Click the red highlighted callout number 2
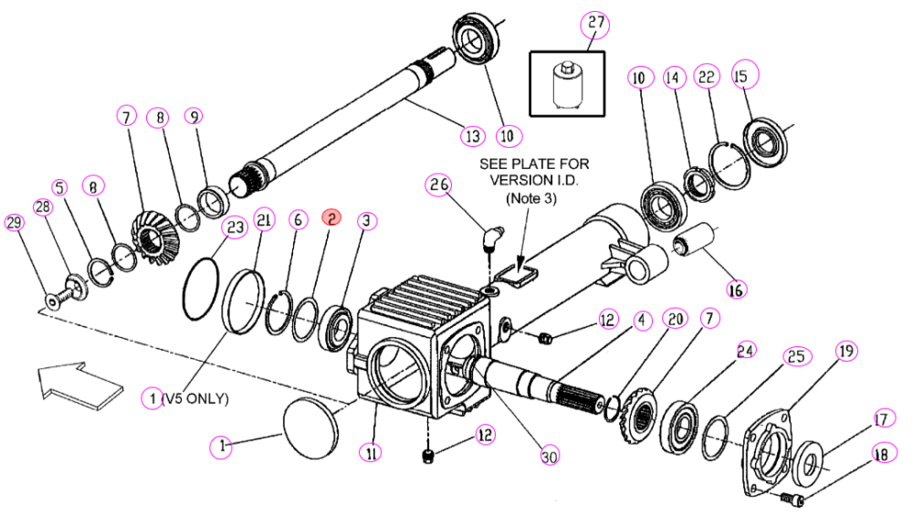coord(331,218)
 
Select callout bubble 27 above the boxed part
coord(595,24)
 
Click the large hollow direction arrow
coord(79,385)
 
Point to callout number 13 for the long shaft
coord(473,136)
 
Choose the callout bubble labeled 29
coord(14,222)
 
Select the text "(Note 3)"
coord(531,198)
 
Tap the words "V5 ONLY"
coord(198,398)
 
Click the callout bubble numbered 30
coord(549,455)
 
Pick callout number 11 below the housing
coord(371,452)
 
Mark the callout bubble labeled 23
coord(235,227)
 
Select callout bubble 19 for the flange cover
coord(845,352)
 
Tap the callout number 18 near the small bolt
coord(882,453)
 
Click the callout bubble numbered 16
coord(736,290)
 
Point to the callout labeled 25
coord(796,356)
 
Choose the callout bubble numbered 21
coord(264,220)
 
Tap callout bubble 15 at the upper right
coord(745,75)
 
